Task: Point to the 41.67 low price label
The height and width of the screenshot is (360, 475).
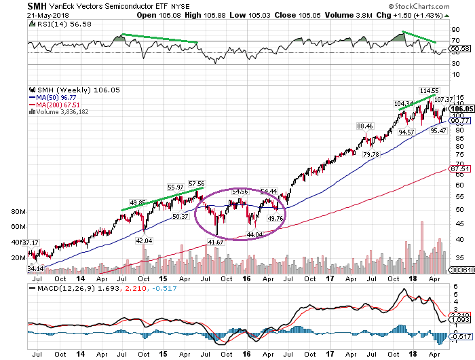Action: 216,242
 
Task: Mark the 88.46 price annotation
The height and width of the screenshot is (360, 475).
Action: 365,125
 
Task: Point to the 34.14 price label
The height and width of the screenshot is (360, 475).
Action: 35,268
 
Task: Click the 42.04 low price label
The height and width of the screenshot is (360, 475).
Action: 144,240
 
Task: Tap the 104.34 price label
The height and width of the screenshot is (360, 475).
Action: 402,103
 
